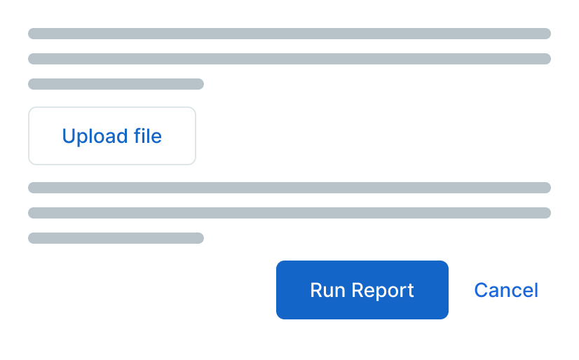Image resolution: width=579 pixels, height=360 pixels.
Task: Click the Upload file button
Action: pos(112,136)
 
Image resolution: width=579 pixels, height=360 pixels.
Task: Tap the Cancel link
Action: pos(506,290)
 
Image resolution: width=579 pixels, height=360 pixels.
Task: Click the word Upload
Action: pos(94,137)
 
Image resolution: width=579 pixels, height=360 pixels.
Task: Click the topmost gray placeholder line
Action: pos(289,34)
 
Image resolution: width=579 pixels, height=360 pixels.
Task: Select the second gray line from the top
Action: pos(289,59)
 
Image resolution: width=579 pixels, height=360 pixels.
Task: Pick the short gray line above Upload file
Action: pos(116,84)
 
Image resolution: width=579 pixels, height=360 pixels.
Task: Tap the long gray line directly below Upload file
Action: pos(289,188)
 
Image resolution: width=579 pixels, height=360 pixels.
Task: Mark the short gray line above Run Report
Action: pos(116,238)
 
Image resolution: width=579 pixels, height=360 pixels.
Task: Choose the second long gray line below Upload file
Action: pos(289,213)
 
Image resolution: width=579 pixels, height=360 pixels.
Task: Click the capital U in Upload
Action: pos(69,136)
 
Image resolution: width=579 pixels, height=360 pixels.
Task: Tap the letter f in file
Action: pos(137,135)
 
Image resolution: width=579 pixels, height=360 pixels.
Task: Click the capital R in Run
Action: pos(316,290)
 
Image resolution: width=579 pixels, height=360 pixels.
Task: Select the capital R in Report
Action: pos(358,290)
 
